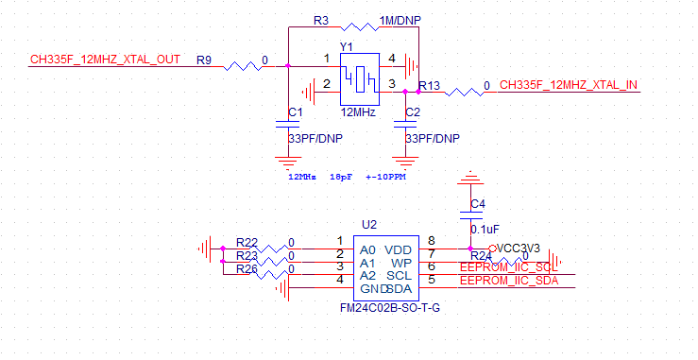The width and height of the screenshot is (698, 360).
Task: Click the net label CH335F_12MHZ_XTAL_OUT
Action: pos(105,60)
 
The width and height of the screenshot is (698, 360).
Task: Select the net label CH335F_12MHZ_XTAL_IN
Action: pos(568,86)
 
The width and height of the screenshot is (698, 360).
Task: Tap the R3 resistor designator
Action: pos(320,20)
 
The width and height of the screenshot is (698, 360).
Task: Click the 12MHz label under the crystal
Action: pos(358,112)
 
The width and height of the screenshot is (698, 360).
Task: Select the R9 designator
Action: pos(203,60)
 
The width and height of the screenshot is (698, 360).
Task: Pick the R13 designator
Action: pos(429,86)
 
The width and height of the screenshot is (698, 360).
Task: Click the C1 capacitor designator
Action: pos(295,112)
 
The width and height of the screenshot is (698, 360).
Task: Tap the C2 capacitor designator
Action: pos(412,112)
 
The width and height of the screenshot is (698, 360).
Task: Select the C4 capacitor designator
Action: pos(477,204)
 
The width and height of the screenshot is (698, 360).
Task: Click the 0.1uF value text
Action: pos(485,229)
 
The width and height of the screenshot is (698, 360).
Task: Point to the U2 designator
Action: pos(369,225)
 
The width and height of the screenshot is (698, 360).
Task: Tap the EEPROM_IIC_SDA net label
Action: pos(508,281)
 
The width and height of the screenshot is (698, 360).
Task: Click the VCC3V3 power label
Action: pos(519,248)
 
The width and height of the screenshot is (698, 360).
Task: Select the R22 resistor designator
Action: pos(247,242)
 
